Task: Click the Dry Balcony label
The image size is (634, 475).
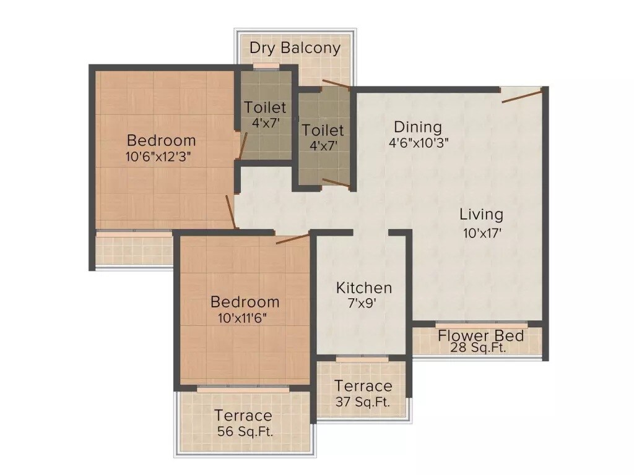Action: tap(295, 48)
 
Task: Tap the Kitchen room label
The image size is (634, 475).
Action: tap(363, 288)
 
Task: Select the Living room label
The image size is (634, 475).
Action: tap(481, 215)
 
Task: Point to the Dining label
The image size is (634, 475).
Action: tap(418, 127)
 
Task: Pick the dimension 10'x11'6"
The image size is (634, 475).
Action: tap(244, 319)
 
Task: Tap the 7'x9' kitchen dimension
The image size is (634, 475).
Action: tap(363, 304)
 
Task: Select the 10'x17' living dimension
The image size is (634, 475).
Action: tap(481, 233)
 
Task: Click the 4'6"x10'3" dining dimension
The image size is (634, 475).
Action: tap(418, 142)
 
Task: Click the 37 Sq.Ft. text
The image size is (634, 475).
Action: tap(363, 401)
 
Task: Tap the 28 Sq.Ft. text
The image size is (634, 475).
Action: tap(481, 348)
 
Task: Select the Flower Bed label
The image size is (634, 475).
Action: tap(481, 336)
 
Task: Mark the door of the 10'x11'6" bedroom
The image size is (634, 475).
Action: tap(292, 239)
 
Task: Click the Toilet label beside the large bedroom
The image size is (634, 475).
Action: tap(265, 108)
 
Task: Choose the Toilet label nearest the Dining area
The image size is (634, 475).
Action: tap(323, 131)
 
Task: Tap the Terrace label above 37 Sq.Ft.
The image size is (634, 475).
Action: tap(363, 387)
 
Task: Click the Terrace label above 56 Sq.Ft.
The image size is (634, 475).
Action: tap(243, 416)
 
